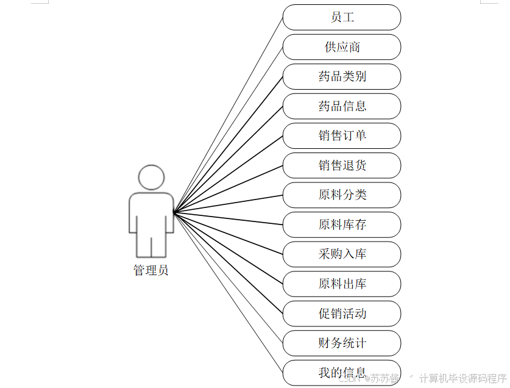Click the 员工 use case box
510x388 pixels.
[342, 17]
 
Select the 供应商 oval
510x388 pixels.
[342, 47]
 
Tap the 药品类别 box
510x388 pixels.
[342, 76]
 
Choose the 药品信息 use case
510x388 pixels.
[342, 106]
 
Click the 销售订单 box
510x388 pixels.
[342, 135]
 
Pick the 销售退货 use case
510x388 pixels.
[342, 165]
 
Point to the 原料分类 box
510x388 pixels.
[342, 195]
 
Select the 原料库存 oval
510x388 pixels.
[342, 225]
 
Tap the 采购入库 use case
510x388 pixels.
[342, 254]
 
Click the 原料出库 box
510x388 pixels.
[342, 284]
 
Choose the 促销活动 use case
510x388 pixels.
[342, 314]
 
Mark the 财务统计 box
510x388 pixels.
[342, 343]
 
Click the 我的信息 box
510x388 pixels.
[342, 372]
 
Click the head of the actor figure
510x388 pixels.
[151, 176]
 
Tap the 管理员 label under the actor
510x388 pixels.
[151, 270]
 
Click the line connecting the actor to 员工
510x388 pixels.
[228, 115]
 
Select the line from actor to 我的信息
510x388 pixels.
[228, 293]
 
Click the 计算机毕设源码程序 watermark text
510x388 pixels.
[462, 378]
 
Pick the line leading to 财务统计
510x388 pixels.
[228, 278]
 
